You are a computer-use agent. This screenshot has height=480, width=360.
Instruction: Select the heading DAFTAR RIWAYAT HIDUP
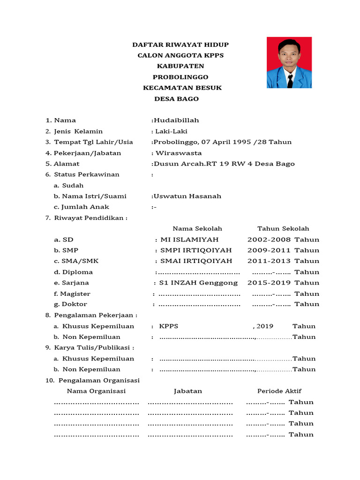coord(180,45)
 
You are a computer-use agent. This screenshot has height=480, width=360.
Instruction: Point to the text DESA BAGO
coord(177,99)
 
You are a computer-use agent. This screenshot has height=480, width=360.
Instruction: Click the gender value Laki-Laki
coord(171,131)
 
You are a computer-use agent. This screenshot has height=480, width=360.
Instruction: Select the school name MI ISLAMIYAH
coord(189,240)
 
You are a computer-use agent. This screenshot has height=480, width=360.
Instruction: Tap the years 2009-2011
coord(269,250)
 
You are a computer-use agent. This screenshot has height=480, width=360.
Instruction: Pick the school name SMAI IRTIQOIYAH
coord(196,261)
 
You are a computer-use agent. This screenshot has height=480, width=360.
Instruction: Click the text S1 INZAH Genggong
coord(198,283)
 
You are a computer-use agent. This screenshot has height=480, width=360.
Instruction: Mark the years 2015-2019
coord(269,283)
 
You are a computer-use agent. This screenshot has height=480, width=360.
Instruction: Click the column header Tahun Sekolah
coord(283,229)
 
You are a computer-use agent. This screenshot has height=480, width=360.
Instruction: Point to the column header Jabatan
coord(187,391)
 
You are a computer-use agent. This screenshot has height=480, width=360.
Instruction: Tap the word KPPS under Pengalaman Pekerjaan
coord(169,326)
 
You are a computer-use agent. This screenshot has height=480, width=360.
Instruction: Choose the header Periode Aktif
coord(279,391)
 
